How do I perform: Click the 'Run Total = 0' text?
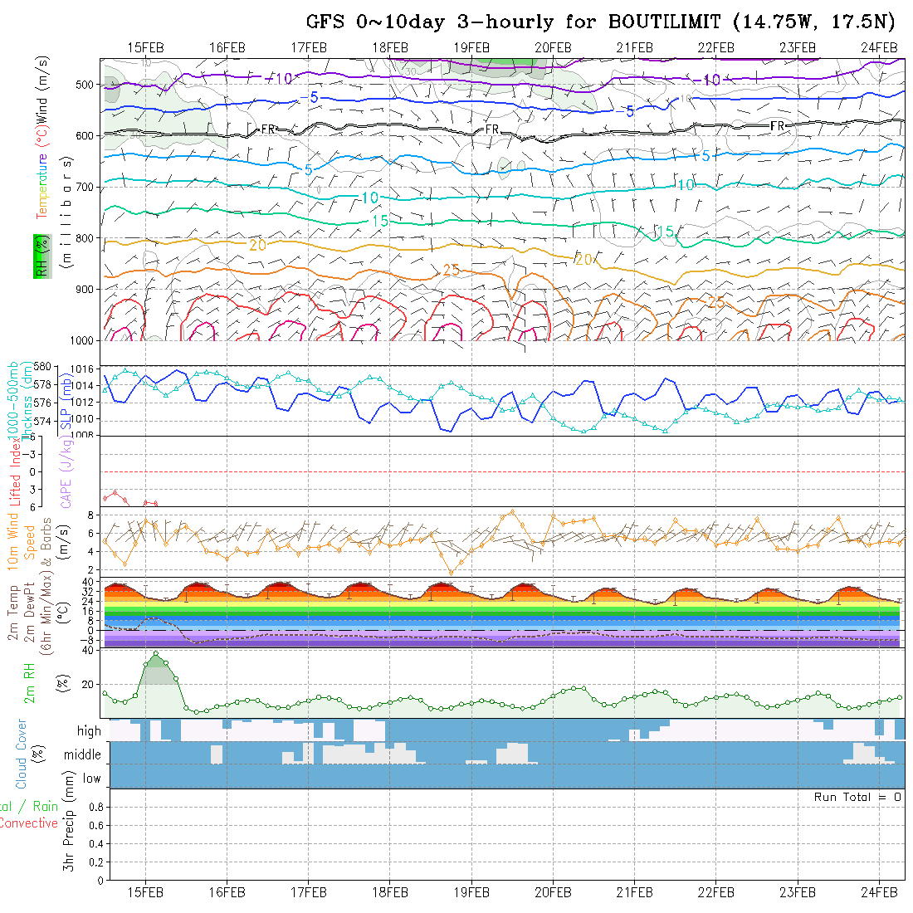[857, 797]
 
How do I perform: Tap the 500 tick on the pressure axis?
[87, 84]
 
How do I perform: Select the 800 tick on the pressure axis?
[87, 238]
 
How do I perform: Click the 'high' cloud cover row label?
[89, 731]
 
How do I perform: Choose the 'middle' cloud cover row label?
[83, 754]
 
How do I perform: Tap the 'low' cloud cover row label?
[91, 779]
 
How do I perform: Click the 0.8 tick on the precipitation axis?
[94, 807]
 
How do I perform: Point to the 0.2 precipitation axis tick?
[94, 862]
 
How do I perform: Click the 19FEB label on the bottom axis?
[471, 891]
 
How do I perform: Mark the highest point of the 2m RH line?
[155, 654]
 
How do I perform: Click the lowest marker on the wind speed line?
[452, 573]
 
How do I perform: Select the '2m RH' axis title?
[30, 683]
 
